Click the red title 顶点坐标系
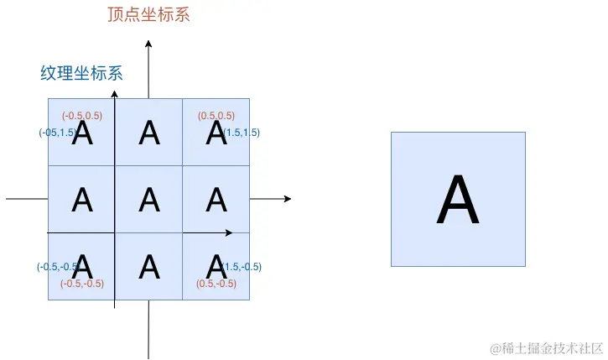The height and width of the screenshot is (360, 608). pos(148,15)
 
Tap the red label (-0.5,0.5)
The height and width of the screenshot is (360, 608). pos(82,116)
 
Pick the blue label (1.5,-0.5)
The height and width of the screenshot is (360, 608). pos(242,267)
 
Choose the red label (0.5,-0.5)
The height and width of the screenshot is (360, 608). pos(216,284)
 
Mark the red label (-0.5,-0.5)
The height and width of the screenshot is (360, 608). pos(82,284)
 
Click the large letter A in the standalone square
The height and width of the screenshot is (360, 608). pos(458,201)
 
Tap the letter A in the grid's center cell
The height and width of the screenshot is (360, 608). pos(149,200)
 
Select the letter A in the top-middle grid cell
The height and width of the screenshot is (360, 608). pos(149,133)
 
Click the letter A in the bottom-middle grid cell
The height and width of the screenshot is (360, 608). pos(149,267)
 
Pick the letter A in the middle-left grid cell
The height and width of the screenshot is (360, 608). pos(82,200)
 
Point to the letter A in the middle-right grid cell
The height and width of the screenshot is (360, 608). pos(216,200)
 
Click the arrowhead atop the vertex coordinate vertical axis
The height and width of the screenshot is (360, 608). pos(148,43)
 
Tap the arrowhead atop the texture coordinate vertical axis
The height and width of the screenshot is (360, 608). pos(115,93)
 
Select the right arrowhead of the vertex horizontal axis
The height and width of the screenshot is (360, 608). pos(288,199)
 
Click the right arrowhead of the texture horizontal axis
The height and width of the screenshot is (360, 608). pos(229,232)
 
